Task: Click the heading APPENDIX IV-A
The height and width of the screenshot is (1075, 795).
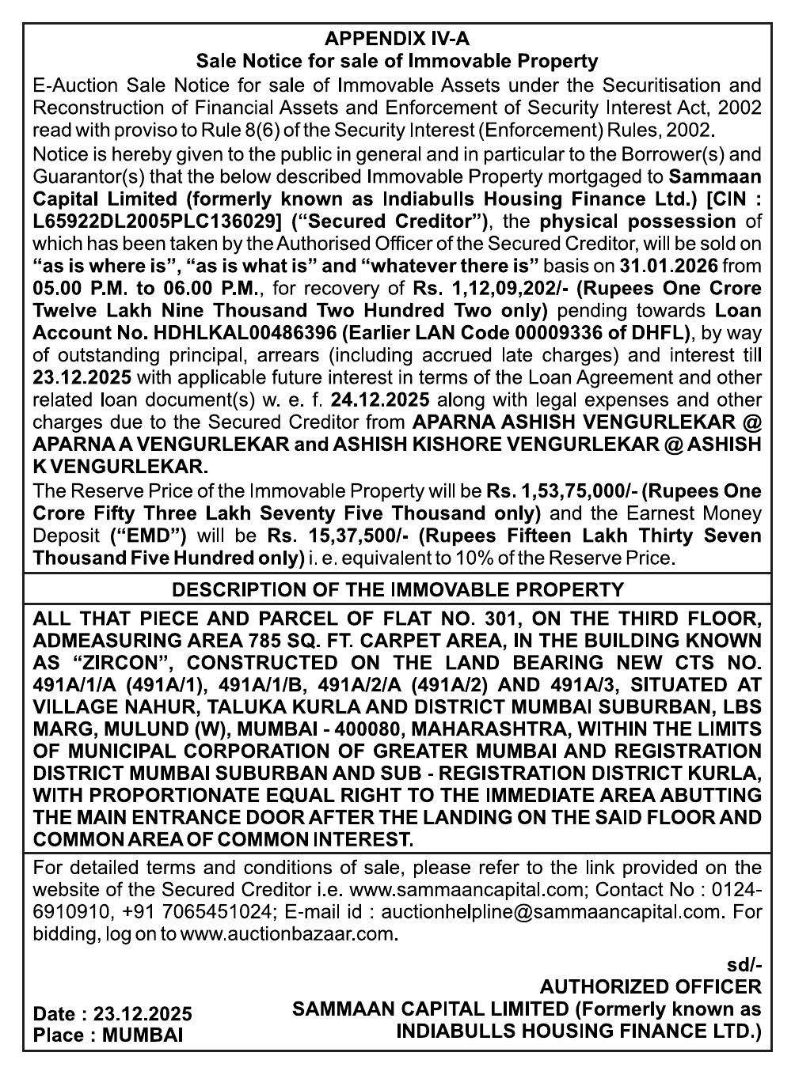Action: click(x=397, y=39)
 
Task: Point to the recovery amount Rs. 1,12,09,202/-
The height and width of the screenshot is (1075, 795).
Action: click(x=489, y=288)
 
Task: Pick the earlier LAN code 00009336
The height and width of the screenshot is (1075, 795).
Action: click(x=544, y=333)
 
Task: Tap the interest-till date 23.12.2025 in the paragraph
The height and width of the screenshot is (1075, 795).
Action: click(x=82, y=377)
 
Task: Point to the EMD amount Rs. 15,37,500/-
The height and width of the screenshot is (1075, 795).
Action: click(x=336, y=536)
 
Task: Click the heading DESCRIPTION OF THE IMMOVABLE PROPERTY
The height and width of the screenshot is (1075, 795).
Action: click(x=397, y=590)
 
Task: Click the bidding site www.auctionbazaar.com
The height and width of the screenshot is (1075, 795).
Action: click(x=287, y=934)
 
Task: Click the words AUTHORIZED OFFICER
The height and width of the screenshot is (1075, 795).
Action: click(x=650, y=987)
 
